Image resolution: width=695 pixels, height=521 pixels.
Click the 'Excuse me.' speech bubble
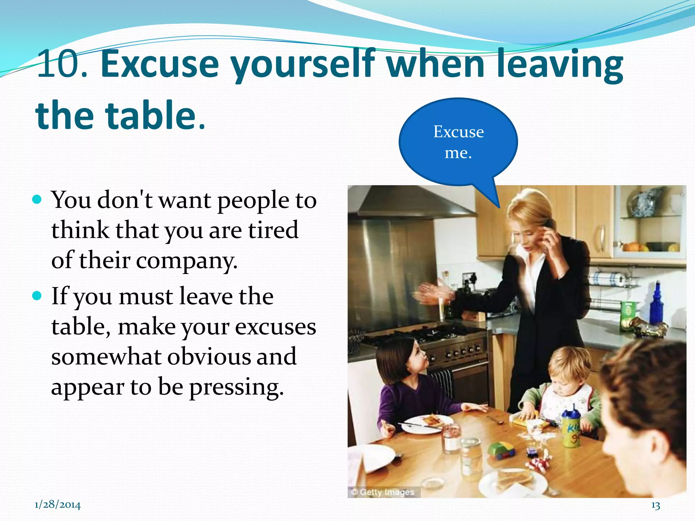[x=458, y=142]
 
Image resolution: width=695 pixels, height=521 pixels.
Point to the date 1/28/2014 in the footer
[x=58, y=505]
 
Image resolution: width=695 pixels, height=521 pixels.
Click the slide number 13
[x=656, y=506]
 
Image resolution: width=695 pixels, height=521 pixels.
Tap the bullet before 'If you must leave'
[x=36, y=295]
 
